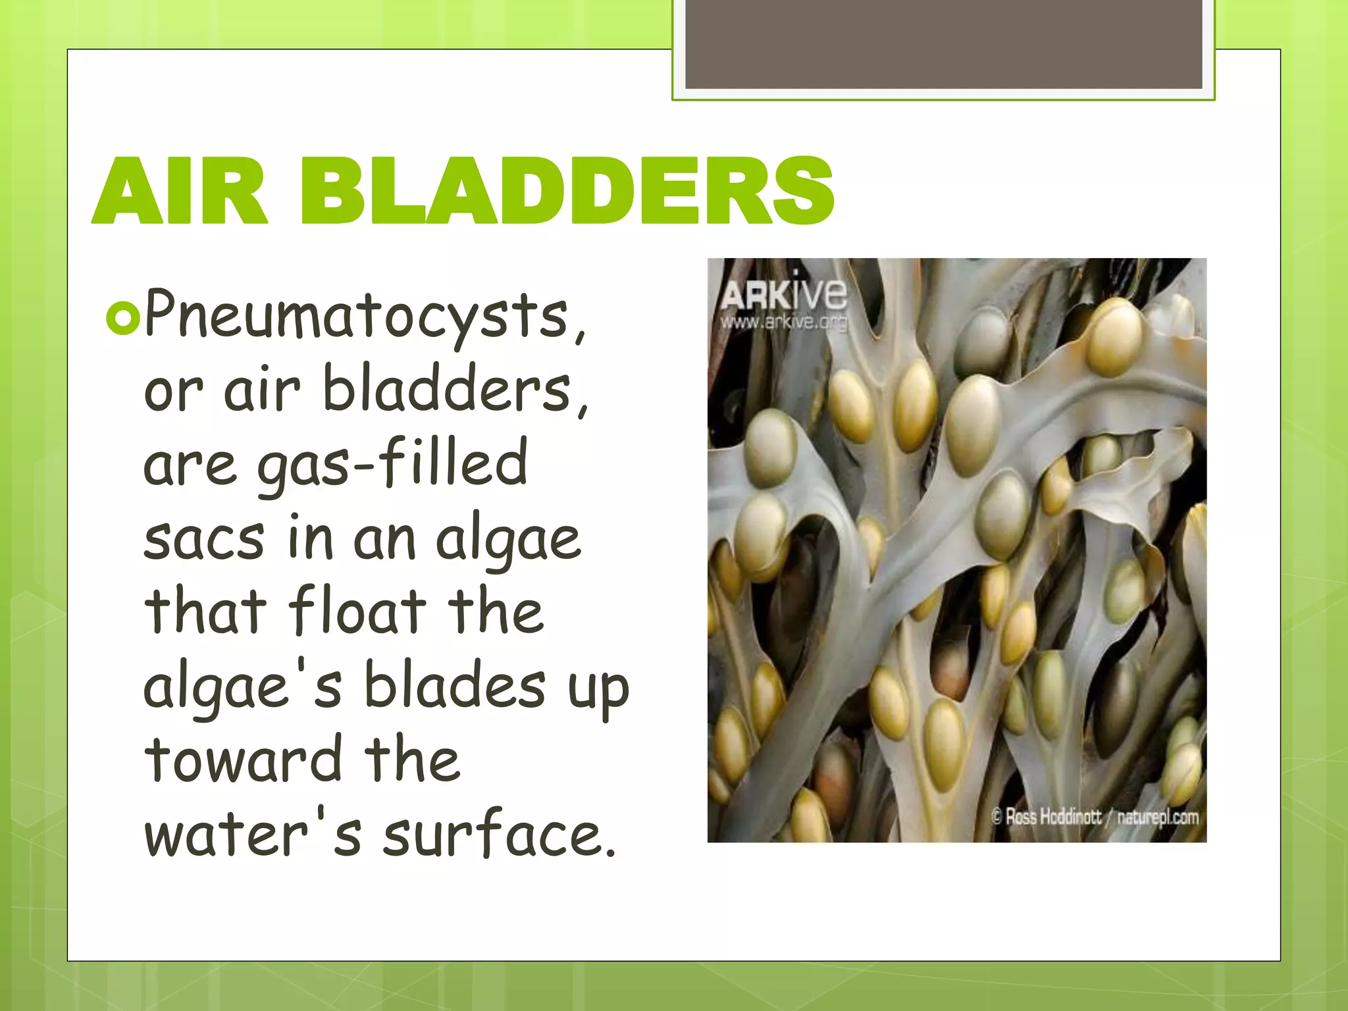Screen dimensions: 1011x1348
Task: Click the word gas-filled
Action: click(x=392, y=463)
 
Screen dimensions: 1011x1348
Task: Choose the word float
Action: click(x=357, y=611)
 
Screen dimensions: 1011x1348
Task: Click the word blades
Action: click(x=455, y=685)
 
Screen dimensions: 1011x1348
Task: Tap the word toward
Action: click(x=243, y=760)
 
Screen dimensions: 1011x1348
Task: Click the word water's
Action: click(x=253, y=833)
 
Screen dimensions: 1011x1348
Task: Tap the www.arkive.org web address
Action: click(x=783, y=323)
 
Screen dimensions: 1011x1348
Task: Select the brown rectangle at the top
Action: click(x=943, y=44)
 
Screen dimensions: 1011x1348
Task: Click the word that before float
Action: click(x=205, y=611)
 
